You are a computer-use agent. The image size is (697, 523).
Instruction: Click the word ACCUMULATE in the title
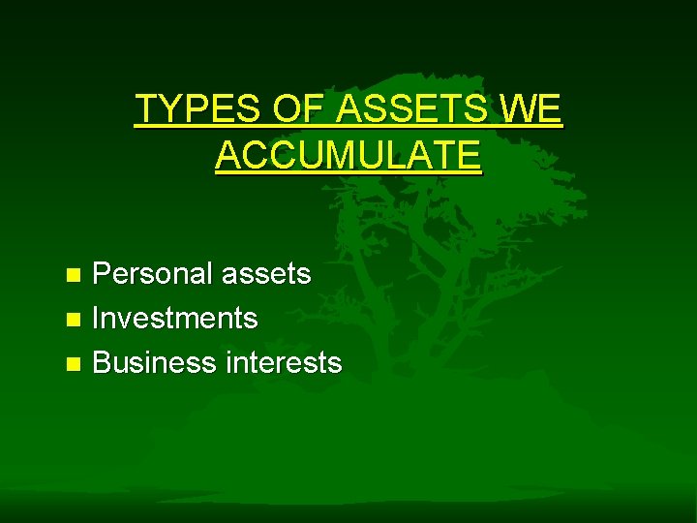point(348,155)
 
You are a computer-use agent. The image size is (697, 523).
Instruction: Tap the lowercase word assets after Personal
point(266,274)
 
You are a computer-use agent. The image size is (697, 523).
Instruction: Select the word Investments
point(174,318)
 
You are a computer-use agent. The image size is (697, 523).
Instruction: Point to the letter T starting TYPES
point(144,109)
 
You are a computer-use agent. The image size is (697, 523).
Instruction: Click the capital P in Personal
point(101,274)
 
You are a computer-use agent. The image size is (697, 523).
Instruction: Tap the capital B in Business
point(101,362)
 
